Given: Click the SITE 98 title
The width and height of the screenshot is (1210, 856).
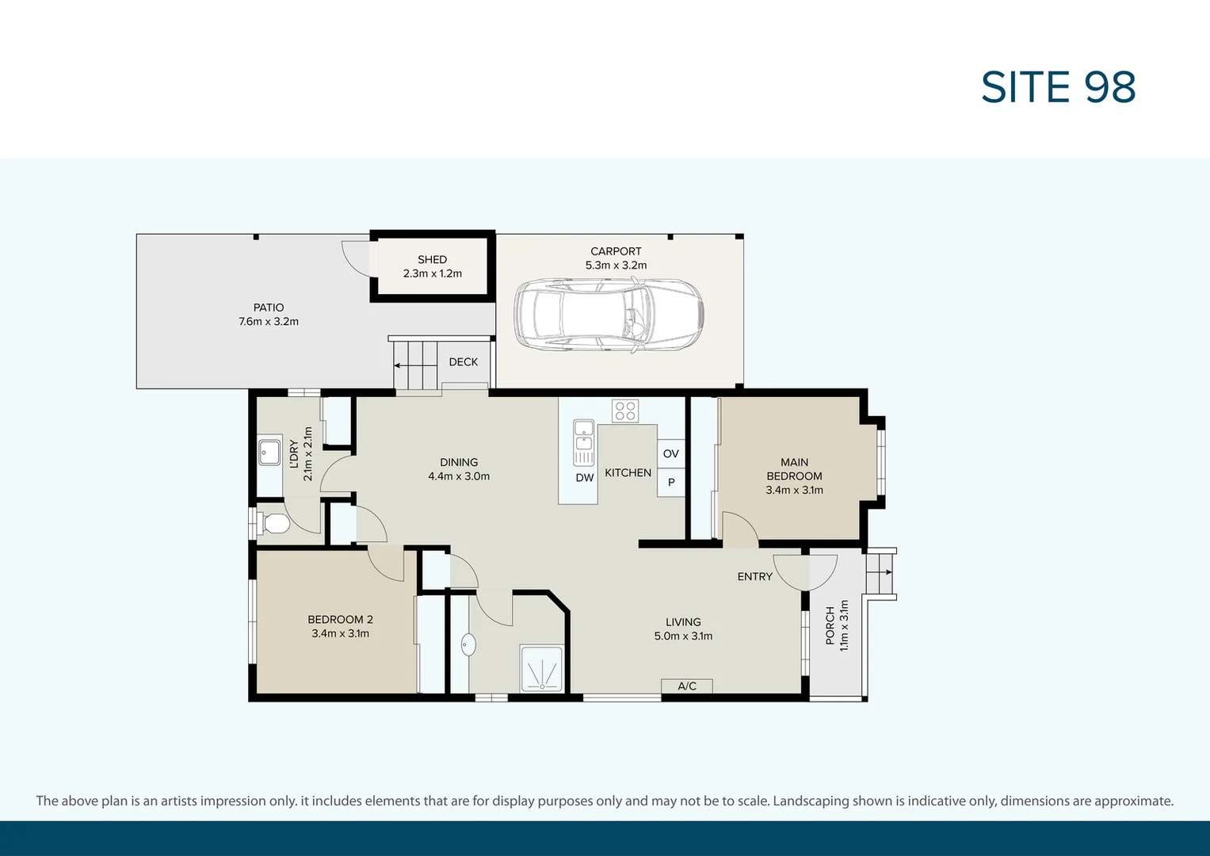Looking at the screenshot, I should click(x=1058, y=87).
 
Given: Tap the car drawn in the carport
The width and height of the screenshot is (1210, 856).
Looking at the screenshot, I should click(x=609, y=315).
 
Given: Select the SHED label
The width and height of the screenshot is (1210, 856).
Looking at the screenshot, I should click(x=432, y=259).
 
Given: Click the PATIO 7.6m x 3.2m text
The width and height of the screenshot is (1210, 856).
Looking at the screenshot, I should click(x=269, y=315).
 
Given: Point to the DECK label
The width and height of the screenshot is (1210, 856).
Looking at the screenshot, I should click(x=464, y=362).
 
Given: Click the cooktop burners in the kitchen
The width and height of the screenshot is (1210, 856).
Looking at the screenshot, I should click(x=625, y=411).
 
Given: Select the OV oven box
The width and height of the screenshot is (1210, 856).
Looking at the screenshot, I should click(x=671, y=453).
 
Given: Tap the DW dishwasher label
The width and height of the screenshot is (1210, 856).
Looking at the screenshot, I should click(x=585, y=478).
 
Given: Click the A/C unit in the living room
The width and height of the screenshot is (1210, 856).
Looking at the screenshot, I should click(x=687, y=686).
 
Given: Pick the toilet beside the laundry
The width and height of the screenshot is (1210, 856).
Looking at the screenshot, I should click(x=274, y=524).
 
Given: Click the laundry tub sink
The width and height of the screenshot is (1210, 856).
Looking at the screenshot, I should click(x=269, y=453).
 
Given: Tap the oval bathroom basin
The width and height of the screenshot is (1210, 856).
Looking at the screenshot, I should click(x=468, y=644).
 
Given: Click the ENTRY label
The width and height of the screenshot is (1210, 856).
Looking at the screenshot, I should click(x=754, y=577).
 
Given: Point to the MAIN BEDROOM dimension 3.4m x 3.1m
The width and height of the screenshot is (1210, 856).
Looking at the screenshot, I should click(x=794, y=491).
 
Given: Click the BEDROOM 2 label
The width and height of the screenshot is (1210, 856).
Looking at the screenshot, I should click(x=340, y=620).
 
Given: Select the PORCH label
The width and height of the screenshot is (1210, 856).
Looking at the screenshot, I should click(x=830, y=625).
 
